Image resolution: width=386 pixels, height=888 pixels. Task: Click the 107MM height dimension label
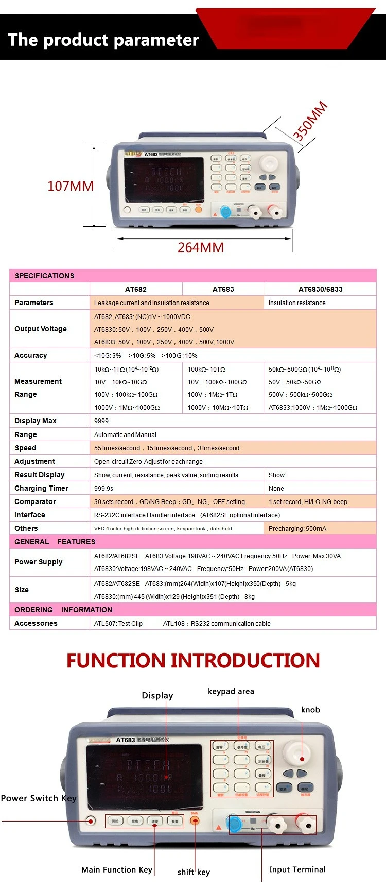(x=70, y=186)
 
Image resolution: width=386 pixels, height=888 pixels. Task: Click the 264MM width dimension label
(x=200, y=247)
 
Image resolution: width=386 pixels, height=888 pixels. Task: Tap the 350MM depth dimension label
(x=310, y=122)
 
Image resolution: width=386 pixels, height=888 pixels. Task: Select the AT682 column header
(x=136, y=289)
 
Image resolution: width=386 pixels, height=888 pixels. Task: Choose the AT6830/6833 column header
(x=320, y=289)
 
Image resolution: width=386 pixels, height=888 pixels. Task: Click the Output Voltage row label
(x=41, y=329)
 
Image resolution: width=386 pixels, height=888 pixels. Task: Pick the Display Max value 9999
(x=101, y=421)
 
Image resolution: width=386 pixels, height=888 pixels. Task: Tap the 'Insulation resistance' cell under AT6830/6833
(x=297, y=303)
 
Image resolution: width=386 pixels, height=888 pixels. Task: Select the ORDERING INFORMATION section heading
(x=63, y=610)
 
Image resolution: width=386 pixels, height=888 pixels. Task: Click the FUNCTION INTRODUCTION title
(x=193, y=660)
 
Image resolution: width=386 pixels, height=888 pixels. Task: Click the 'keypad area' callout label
(x=231, y=691)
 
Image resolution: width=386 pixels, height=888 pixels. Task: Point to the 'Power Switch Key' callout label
(x=39, y=798)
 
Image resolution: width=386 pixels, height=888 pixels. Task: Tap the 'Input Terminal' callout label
(x=297, y=869)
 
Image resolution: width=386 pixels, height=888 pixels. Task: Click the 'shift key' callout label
(x=194, y=872)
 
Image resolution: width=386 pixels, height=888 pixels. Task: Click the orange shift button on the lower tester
(x=195, y=820)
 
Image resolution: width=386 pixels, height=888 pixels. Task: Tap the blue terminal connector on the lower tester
(x=235, y=824)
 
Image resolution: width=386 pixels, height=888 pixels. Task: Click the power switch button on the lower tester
(x=91, y=820)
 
